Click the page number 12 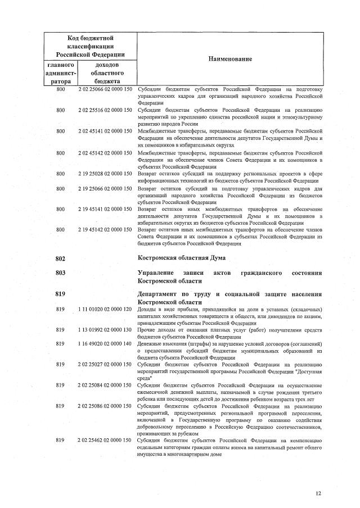tap(318, 493)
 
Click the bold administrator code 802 tap(61, 258)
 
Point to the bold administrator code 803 tap(61, 273)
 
